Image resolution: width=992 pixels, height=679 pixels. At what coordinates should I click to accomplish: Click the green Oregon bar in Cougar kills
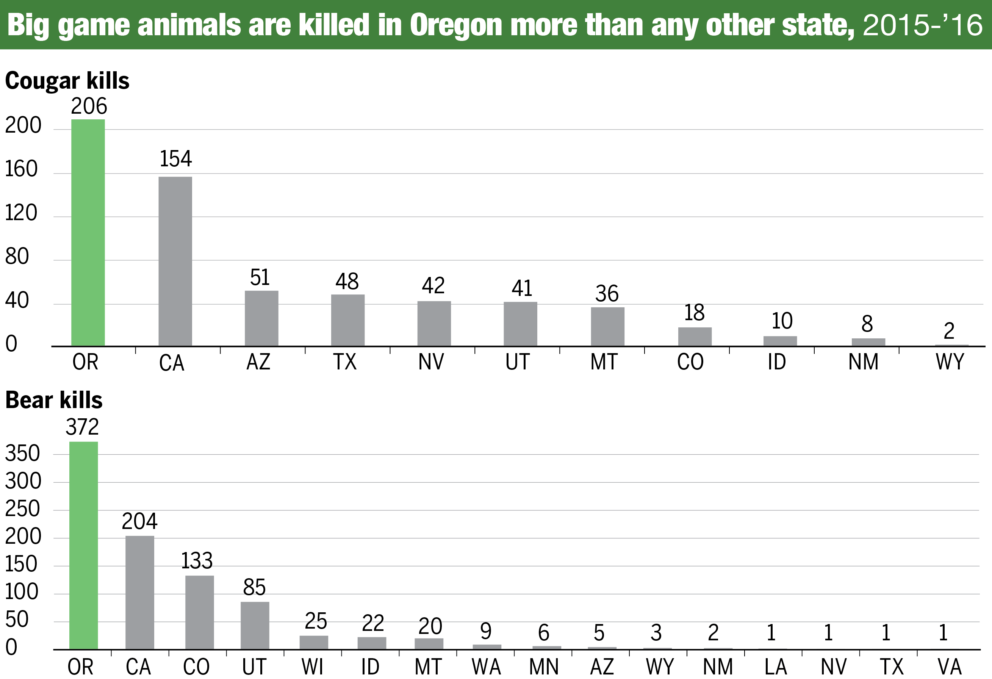(x=88, y=233)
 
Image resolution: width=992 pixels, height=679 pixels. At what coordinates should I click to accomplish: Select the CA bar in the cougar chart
(x=175, y=261)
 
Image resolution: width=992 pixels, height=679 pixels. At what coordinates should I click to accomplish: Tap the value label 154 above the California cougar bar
(x=175, y=159)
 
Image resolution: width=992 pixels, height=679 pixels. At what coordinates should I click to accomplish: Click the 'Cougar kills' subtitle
(x=67, y=81)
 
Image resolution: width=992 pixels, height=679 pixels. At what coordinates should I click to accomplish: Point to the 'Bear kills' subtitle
(x=54, y=401)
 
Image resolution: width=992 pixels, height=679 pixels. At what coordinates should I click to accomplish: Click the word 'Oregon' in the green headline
(x=456, y=25)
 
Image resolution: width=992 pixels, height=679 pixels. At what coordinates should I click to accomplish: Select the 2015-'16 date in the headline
(x=922, y=25)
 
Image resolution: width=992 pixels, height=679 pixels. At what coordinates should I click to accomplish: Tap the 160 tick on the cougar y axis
(x=21, y=169)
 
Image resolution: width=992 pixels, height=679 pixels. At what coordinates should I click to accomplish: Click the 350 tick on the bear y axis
(x=23, y=454)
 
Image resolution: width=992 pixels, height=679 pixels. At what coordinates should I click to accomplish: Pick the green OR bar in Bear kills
(x=84, y=545)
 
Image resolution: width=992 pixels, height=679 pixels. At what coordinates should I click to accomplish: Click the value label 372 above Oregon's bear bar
(x=82, y=427)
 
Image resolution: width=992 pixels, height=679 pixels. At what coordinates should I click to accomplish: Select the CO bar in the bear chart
(x=199, y=612)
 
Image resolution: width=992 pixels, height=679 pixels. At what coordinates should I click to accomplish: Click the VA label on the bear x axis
(x=950, y=667)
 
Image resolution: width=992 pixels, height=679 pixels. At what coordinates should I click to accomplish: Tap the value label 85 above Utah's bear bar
(x=254, y=588)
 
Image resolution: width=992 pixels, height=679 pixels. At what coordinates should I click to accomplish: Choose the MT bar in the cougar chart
(x=607, y=327)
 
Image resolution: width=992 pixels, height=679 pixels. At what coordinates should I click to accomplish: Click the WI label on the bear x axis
(x=313, y=667)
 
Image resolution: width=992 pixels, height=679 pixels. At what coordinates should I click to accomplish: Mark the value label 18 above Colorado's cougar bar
(x=694, y=313)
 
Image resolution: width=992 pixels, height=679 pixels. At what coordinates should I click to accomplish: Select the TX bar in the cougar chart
(x=348, y=320)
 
